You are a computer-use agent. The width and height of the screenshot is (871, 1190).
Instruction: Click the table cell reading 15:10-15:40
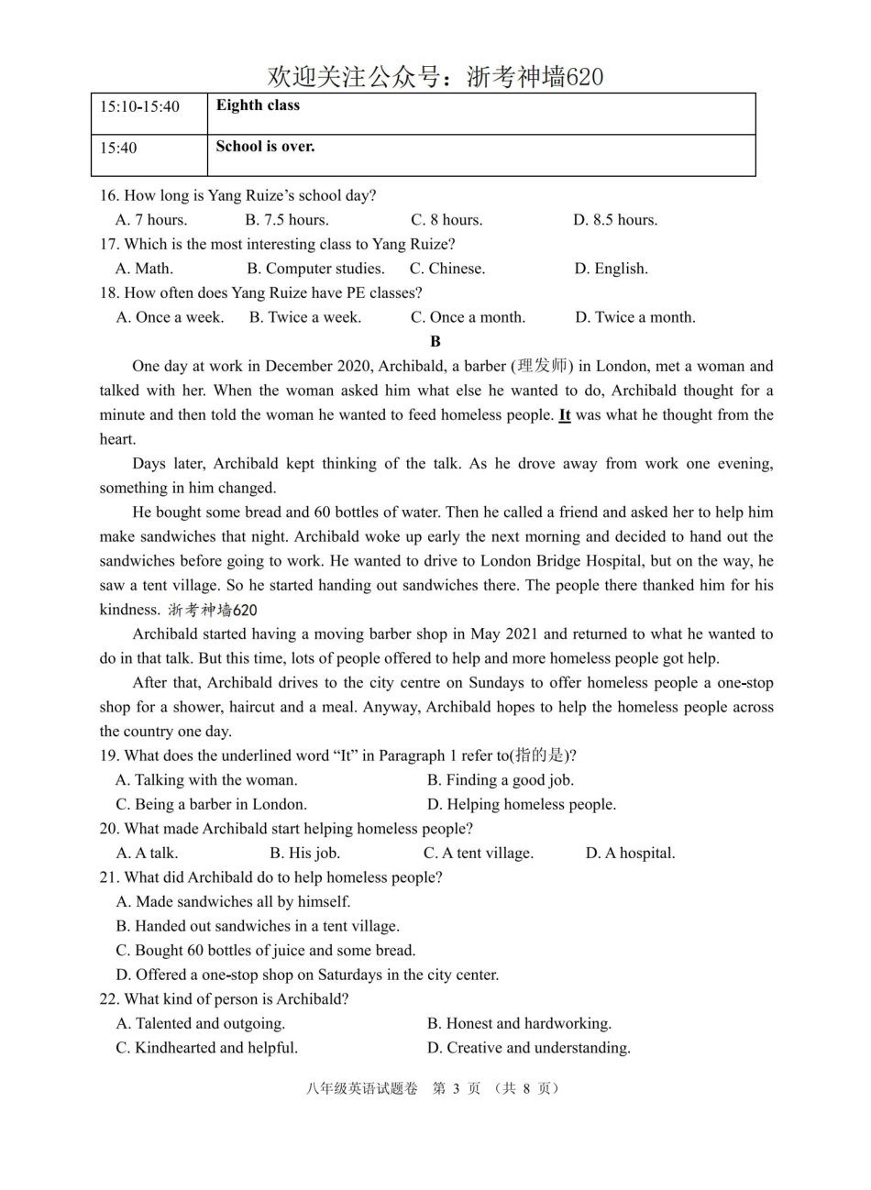pyautogui.click(x=139, y=106)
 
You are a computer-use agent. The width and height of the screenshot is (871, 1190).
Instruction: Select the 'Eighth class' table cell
pyautogui.click(x=258, y=105)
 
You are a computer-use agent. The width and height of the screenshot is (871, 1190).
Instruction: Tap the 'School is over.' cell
pyautogui.click(x=265, y=147)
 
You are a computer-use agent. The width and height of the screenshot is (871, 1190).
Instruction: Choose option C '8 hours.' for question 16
pyautogui.click(x=447, y=220)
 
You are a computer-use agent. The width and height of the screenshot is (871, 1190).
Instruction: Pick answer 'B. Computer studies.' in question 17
pyautogui.click(x=315, y=269)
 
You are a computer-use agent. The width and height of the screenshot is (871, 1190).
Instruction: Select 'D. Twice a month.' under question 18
pyautogui.click(x=634, y=317)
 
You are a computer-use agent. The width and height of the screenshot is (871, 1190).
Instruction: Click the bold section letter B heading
pyautogui.click(x=435, y=341)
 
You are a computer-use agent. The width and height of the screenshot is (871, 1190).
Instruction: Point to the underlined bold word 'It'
pyautogui.click(x=565, y=415)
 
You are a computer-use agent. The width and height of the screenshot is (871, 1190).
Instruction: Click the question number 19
pyautogui.click(x=109, y=755)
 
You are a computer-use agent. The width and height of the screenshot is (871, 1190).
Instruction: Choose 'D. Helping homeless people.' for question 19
pyautogui.click(x=521, y=804)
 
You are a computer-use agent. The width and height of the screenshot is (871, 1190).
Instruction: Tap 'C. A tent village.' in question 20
pyautogui.click(x=478, y=853)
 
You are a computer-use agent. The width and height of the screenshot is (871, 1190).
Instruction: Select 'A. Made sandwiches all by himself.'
pyautogui.click(x=233, y=901)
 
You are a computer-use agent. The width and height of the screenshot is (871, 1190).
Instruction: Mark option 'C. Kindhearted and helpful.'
pyautogui.click(x=206, y=1047)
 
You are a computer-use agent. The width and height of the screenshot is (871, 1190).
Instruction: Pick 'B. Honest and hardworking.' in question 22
pyautogui.click(x=519, y=1023)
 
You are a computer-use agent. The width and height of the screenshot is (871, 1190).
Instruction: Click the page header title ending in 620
pyautogui.click(x=435, y=77)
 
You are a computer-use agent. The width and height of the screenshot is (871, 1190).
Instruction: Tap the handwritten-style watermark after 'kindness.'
pyautogui.click(x=212, y=610)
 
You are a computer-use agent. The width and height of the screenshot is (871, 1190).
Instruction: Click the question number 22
pyautogui.click(x=109, y=998)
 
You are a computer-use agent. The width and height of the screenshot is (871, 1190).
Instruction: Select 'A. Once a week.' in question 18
pyautogui.click(x=170, y=317)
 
